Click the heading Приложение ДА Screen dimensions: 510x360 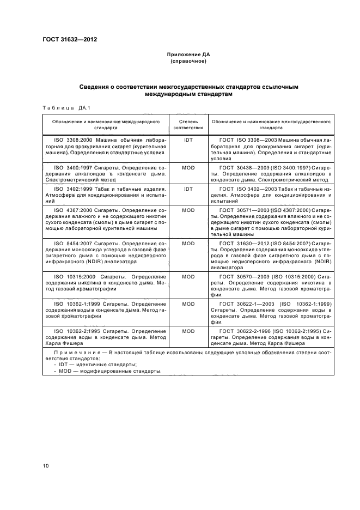(188, 55)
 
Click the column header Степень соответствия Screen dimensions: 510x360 (188, 125)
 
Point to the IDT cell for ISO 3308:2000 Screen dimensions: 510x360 (188, 140)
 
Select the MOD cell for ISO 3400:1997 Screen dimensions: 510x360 (188, 168)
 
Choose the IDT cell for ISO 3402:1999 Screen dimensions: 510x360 (188, 189)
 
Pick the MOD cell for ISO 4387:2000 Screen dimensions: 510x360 (188, 210)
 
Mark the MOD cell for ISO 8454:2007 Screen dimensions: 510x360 (188, 244)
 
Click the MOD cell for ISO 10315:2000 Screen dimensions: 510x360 (188, 277)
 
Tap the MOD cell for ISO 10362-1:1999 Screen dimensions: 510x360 (188, 303)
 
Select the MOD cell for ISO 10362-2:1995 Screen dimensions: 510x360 (188, 331)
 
